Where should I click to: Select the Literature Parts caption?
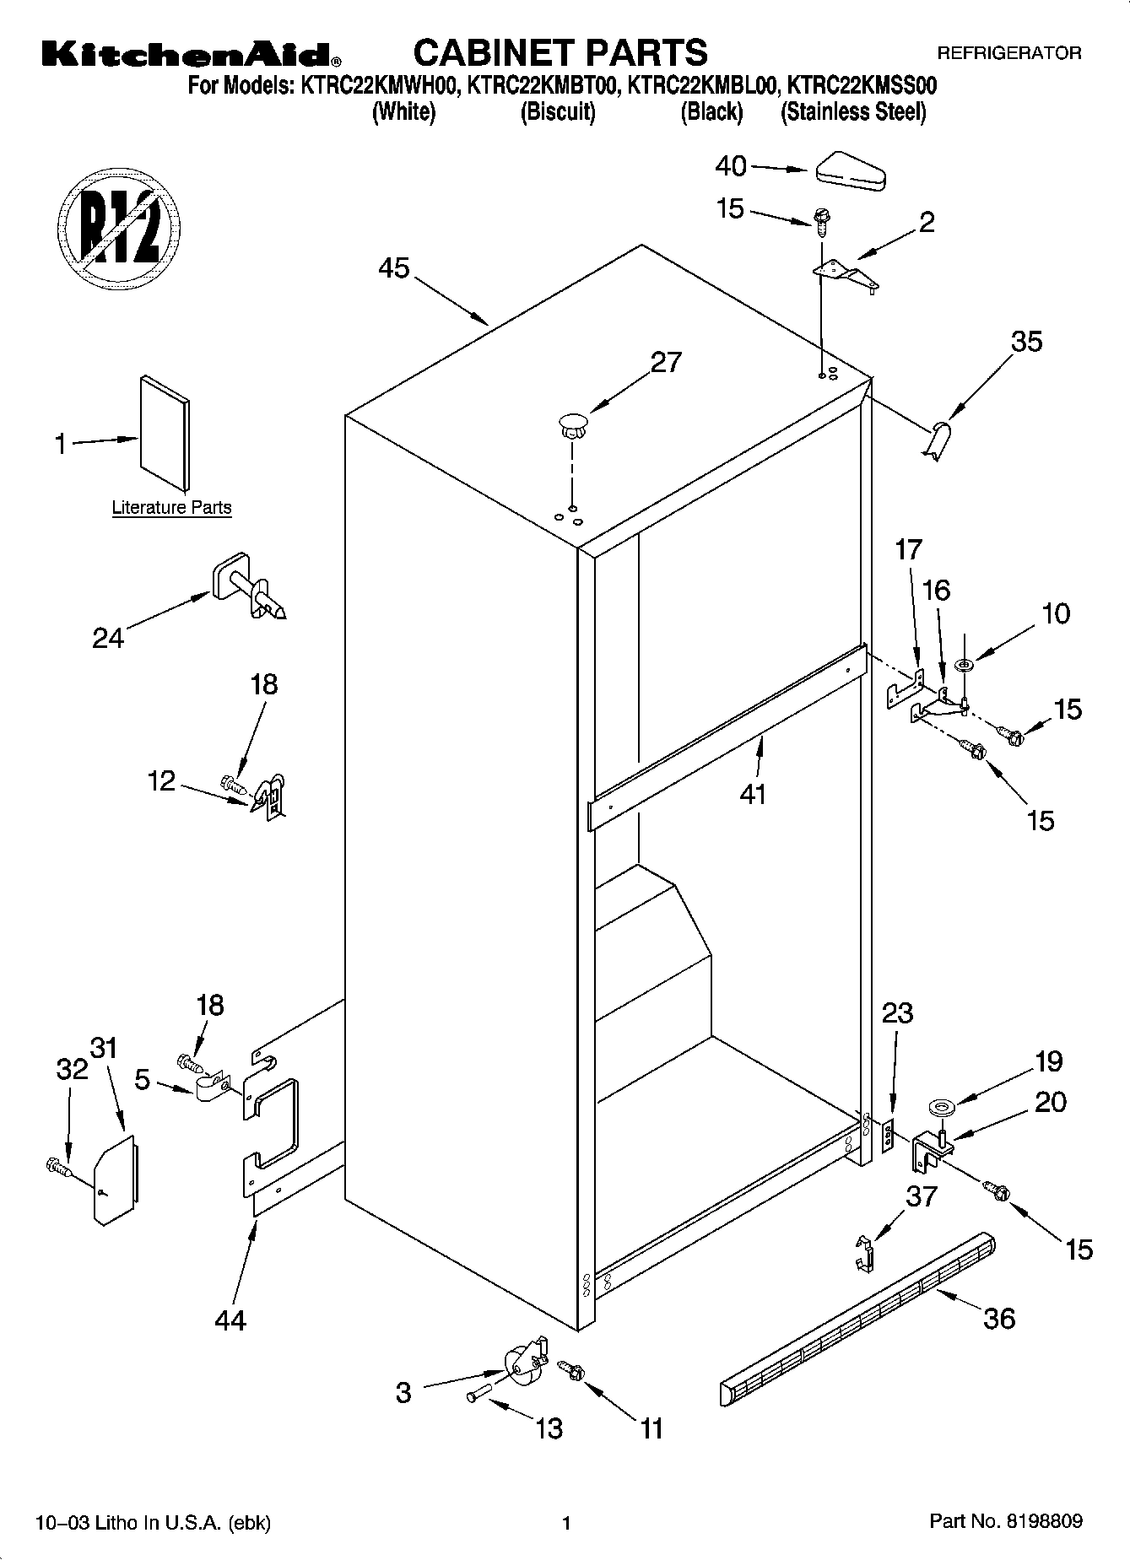(171, 507)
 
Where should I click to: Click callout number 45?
(393, 268)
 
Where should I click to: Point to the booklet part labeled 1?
(165, 432)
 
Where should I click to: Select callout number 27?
(665, 362)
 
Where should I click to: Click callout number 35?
(1026, 342)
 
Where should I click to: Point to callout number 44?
(230, 1319)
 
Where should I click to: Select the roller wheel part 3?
(523, 1364)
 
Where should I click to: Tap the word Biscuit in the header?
(558, 112)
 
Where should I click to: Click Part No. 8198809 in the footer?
(1005, 1521)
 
